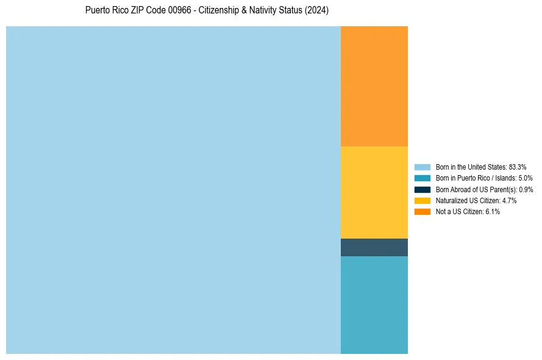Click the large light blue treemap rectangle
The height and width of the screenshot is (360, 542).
(x=173, y=190)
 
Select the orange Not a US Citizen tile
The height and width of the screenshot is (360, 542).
(x=374, y=86)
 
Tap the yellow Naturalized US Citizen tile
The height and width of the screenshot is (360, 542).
(x=374, y=192)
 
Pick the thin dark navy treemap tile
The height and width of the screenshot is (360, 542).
(x=374, y=247)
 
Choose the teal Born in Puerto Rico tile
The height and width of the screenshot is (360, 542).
(x=374, y=304)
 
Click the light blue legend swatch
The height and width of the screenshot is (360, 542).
(x=422, y=167)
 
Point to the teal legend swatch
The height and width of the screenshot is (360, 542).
(x=422, y=178)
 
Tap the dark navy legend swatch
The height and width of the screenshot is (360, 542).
(x=422, y=189)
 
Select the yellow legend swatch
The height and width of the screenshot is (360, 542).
(x=422, y=200)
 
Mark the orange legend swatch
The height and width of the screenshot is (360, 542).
(x=422, y=212)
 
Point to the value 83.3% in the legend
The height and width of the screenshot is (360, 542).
(x=518, y=167)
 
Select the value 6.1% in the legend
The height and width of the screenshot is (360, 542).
(x=493, y=212)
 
